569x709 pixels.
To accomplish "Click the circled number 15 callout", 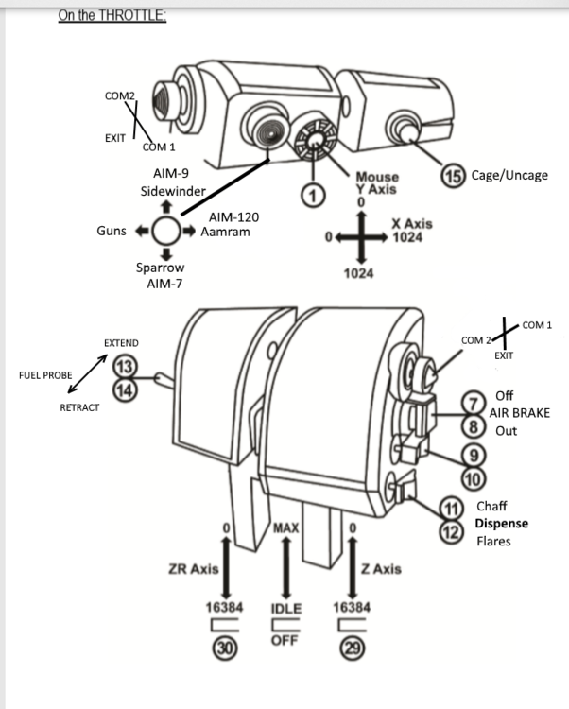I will [x=452, y=176].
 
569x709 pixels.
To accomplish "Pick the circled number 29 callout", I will [x=351, y=647].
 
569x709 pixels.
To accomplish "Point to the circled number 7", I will [x=472, y=403].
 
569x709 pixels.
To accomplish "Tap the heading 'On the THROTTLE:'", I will [x=112, y=15].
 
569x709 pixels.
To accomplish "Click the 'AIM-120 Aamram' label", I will [x=233, y=225].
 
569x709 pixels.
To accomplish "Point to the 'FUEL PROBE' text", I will [x=45, y=375].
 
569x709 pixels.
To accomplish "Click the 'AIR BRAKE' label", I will [x=519, y=413].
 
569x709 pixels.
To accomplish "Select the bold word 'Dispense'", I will [x=501, y=523].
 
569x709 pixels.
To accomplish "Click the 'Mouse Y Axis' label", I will [x=376, y=182].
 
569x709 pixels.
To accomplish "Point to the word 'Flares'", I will [x=493, y=541].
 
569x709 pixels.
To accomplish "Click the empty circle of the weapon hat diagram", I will [x=166, y=230].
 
